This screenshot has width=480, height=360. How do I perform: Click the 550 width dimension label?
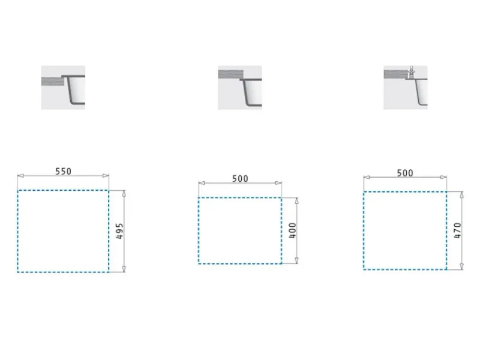(63, 172)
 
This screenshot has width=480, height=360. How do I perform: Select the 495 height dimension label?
(119, 231)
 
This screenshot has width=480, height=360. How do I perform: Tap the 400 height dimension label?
(292, 230)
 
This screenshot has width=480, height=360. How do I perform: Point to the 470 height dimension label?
(457, 230)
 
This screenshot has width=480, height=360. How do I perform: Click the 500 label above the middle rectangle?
(240, 178)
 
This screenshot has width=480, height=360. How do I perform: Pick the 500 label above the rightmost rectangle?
(405, 173)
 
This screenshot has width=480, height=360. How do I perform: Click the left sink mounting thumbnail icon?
(63, 87)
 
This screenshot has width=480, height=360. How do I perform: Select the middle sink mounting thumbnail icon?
(240, 87)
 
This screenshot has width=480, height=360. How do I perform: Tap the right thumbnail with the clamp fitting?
(406, 87)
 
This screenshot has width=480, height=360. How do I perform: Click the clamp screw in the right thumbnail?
(412, 72)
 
